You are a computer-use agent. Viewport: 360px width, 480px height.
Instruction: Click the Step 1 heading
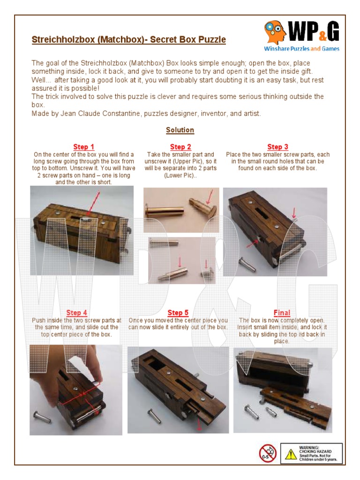coord(83,147)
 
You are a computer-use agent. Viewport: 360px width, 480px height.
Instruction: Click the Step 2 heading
coord(180,147)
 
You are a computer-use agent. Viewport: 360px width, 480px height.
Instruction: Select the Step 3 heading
coord(277,147)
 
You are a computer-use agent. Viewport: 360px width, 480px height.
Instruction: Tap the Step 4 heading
coord(77,313)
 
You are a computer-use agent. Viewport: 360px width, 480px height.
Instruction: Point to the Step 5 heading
coord(178,313)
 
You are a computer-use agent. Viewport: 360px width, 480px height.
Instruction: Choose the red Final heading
coord(282,313)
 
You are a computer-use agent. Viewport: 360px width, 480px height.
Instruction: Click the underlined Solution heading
coord(180,130)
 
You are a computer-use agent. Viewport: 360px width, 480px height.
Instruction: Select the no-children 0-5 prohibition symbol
coord(268,453)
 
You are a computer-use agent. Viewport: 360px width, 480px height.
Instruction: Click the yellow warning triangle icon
coord(291,454)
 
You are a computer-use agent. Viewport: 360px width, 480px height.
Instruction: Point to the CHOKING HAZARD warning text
coord(318,450)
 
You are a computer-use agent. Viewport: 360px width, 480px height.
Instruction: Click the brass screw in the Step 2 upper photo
coord(162,209)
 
